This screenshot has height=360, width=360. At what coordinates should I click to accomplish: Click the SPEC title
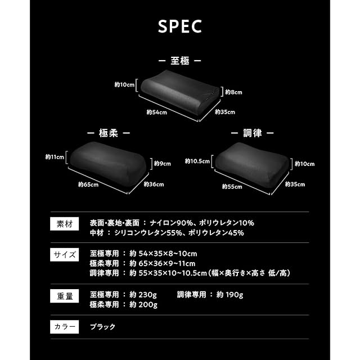point(180,27)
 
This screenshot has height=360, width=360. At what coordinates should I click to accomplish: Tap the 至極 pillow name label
point(179,60)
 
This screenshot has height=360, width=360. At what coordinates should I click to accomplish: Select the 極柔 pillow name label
point(109,133)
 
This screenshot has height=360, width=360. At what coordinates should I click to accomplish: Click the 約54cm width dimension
point(156,112)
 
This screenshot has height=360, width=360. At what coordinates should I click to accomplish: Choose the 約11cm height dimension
point(55,157)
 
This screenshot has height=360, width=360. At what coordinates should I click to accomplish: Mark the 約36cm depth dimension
point(154,184)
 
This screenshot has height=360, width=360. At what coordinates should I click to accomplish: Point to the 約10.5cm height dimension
point(197,161)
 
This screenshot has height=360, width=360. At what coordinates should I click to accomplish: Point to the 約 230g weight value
point(143,295)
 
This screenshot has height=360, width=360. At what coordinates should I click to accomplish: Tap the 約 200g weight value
point(143,305)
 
